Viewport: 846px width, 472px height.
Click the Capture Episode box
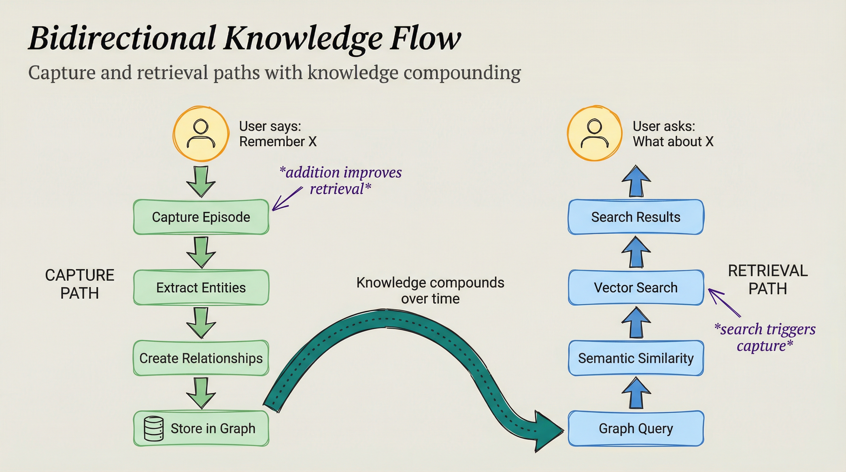201,217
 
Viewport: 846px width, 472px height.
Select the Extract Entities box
201,288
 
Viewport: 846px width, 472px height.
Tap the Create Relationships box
201,358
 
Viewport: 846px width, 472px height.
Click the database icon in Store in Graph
154,428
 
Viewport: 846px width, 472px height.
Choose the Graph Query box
636,428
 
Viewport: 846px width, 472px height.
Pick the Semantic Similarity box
636,358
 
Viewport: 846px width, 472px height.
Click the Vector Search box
636,288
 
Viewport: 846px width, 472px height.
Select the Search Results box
636,217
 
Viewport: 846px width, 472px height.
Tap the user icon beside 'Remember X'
201,134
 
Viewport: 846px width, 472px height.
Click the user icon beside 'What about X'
595,134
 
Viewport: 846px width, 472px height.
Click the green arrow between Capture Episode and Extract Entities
201,252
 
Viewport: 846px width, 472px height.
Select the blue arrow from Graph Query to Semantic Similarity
636,393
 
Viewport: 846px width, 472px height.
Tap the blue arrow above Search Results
636,181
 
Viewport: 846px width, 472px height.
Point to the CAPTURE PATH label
80,284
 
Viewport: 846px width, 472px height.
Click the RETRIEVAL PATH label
768,280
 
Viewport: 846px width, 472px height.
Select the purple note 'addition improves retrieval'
341,180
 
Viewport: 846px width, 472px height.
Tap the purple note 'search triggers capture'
765,337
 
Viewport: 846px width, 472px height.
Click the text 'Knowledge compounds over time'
430,290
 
